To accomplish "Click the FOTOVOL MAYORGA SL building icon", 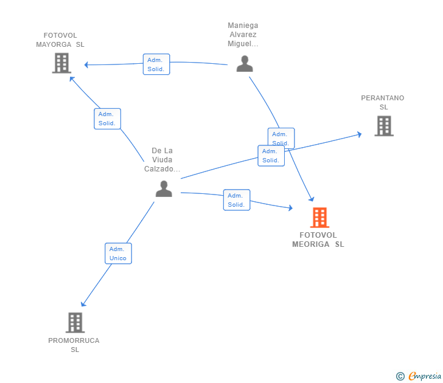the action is pyautogui.click(x=61, y=63).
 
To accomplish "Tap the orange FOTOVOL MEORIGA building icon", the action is pyautogui.click(x=320, y=218).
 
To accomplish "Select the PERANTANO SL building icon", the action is pyautogui.click(x=384, y=126).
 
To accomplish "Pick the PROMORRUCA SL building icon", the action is pyautogui.click(x=75, y=323).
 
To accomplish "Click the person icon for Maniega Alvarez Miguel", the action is pyautogui.click(x=245, y=63).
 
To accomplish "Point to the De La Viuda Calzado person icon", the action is pyautogui.click(x=164, y=188).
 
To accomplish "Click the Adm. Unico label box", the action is pyautogui.click(x=119, y=254).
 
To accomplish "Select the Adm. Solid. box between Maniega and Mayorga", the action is pyautogui.click(x=156, y=64).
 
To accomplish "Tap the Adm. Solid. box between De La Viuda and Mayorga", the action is pyautogui.click(x=107, y=119).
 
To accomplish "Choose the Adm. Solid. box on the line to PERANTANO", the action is pyautogui.click(x=271, y=156).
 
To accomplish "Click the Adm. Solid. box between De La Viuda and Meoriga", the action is pyautogui.click(x=237, y=200).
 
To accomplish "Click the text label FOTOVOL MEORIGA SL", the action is pyautogui.click(x=318, y=240).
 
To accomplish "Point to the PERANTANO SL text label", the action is pyautogui.click(x=383, y=103).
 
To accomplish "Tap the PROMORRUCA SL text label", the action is pyautogui.click(x=74, y=345).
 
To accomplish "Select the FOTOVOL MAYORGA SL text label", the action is pyautogui.click(x=60, y=40).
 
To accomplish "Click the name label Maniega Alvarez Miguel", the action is pyautogui.click(x=243, y=35).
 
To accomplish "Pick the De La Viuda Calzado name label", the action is pyautogui.click(x=162, y=160).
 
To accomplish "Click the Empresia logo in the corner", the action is pyautogui.click(x=419, y=376).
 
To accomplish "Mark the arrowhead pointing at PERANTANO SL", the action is pyautogui.click(x=360, y=134).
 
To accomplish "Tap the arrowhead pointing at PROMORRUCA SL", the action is pyautogui.click(x=83, y=304).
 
